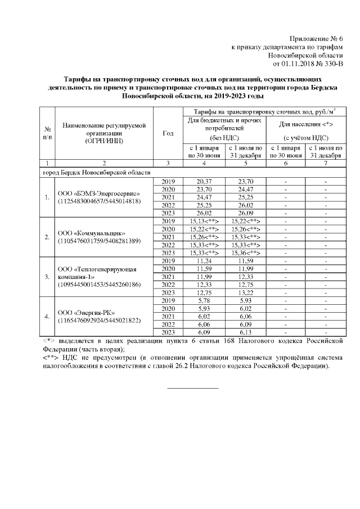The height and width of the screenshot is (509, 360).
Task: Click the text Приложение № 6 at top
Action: click(316, 38)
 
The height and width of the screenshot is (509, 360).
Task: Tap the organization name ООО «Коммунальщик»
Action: click(92, 233)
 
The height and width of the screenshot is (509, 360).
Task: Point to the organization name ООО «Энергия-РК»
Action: click(88, 312)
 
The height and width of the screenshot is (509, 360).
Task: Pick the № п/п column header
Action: click(47, 133)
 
